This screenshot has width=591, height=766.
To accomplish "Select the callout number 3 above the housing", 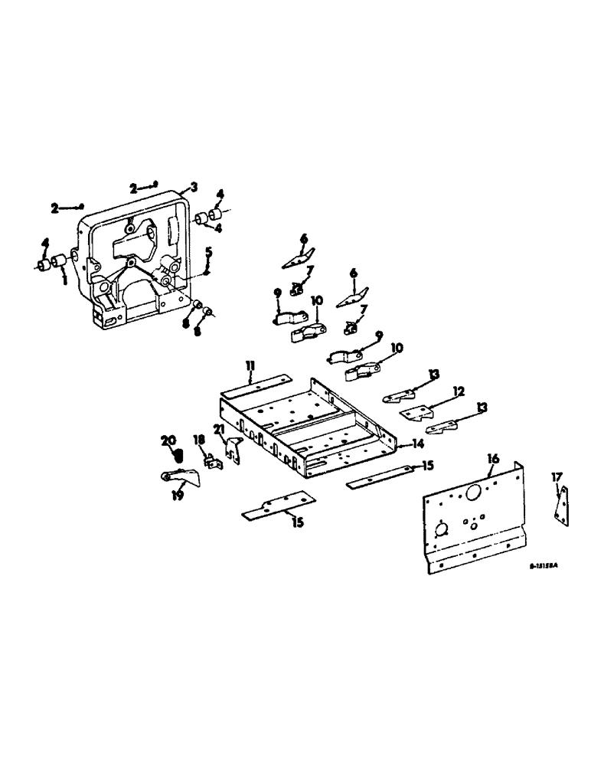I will [194, 187].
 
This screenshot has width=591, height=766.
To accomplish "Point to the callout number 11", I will [250, 368].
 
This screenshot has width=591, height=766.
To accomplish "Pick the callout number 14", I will [416, 444].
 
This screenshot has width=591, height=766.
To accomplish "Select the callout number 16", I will [491, 459].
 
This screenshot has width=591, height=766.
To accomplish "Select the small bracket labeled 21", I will [232, 452].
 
